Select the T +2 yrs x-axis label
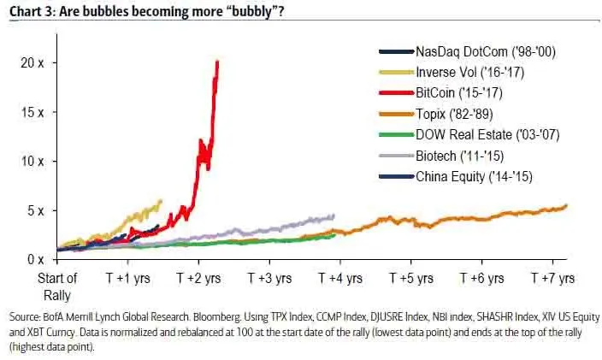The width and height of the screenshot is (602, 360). coord(198,279)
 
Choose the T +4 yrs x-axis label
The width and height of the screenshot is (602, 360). coord(340,279)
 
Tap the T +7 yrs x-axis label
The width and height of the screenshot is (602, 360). coord(552,279)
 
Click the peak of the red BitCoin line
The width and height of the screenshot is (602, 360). coord(218,62)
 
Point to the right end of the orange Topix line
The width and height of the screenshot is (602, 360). coord(566,205)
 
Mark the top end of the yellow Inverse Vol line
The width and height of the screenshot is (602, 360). coord(161,201)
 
